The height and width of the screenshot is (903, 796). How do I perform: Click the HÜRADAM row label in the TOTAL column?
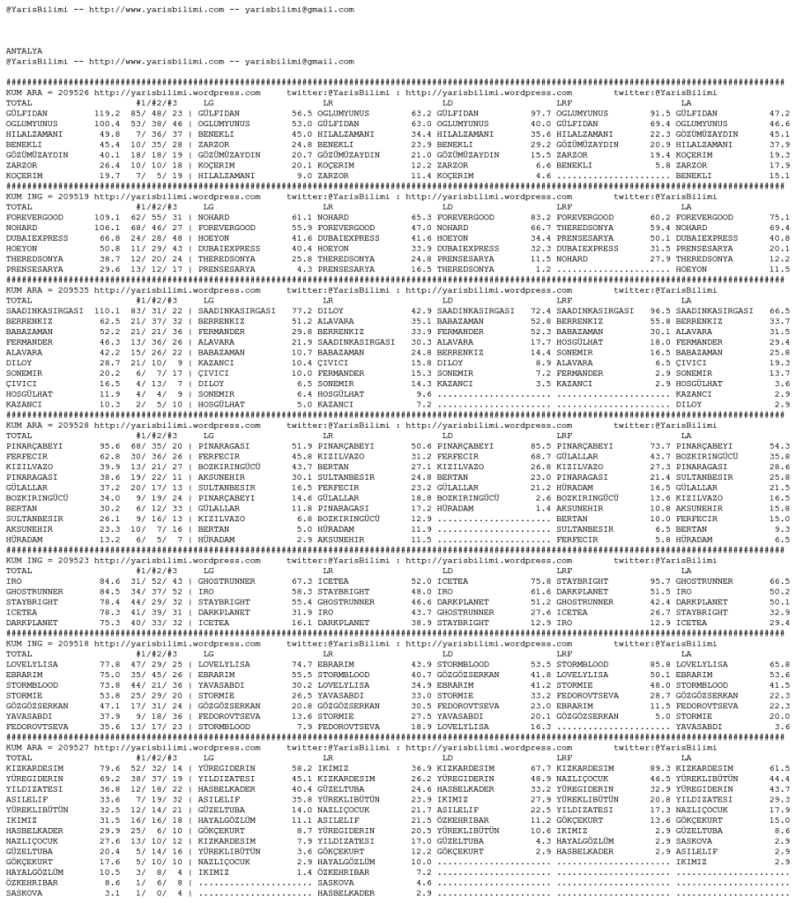click(x=23, y=552)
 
